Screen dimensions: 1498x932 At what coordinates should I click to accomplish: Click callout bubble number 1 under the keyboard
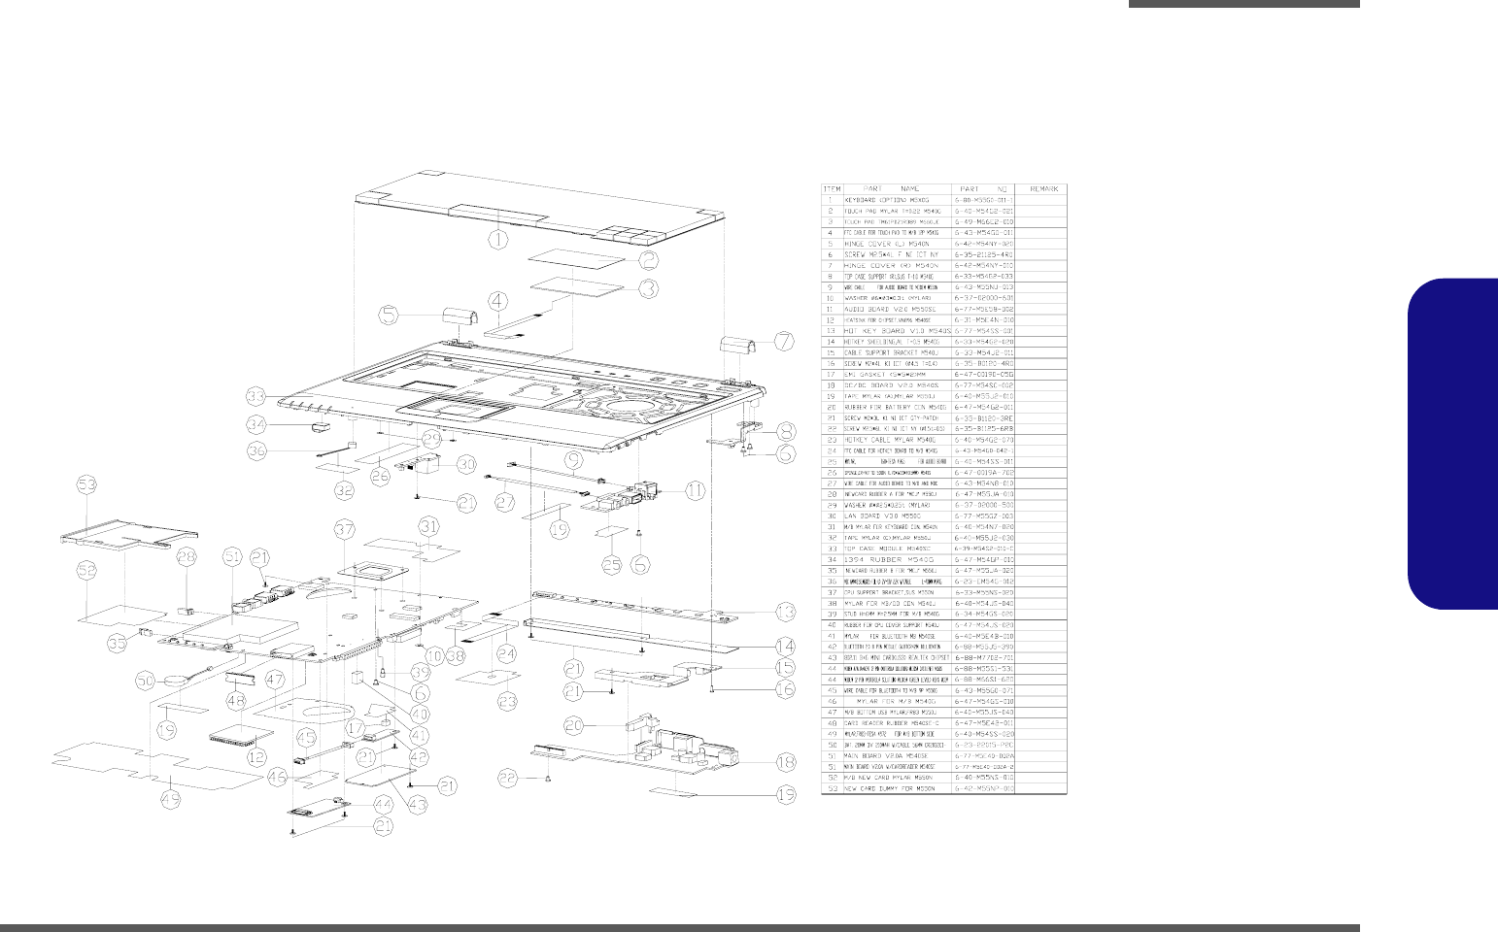[496, 236]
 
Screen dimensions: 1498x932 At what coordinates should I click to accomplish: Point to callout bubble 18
[785, 762]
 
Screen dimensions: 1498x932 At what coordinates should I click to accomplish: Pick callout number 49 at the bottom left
[171, 799]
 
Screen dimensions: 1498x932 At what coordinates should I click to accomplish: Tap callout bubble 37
[344, 529]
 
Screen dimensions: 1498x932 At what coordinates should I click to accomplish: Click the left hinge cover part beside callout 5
[453, 320]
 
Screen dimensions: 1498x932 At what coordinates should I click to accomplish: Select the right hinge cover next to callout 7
[731, 345]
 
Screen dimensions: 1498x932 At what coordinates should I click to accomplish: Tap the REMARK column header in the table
[1041, 188]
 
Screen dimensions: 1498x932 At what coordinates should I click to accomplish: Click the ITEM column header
[833, 188]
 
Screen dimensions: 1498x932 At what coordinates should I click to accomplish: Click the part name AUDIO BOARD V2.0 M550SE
[888, 308]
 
